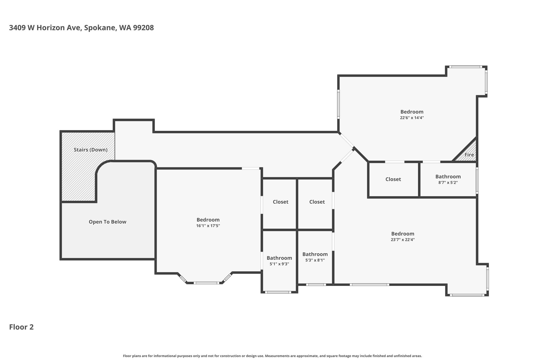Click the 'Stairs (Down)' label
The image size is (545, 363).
(90, 150)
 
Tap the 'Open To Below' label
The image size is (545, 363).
(108, 222)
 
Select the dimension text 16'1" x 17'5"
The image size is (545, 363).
(208, 226)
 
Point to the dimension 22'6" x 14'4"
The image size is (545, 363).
(412, 118)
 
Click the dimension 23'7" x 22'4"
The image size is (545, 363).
(403, 240)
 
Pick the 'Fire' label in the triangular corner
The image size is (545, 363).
(469, 155)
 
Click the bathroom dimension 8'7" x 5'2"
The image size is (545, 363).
(448, 183)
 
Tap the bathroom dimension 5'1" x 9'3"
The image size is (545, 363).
(279, 264)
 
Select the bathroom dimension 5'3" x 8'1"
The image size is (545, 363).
(315, 260)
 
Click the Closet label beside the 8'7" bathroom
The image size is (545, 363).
(393, 179)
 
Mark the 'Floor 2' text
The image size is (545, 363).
(21, 327)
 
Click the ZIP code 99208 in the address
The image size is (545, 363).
(143, 28)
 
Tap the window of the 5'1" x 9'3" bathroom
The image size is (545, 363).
(278, 292)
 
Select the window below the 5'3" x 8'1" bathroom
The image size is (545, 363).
(316, 285)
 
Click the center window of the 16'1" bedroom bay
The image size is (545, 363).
(207, 283)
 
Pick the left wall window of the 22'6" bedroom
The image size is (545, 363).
(338, 104)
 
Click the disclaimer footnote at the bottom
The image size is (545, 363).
(272, 356)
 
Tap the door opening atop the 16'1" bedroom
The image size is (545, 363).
(251, 168)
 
